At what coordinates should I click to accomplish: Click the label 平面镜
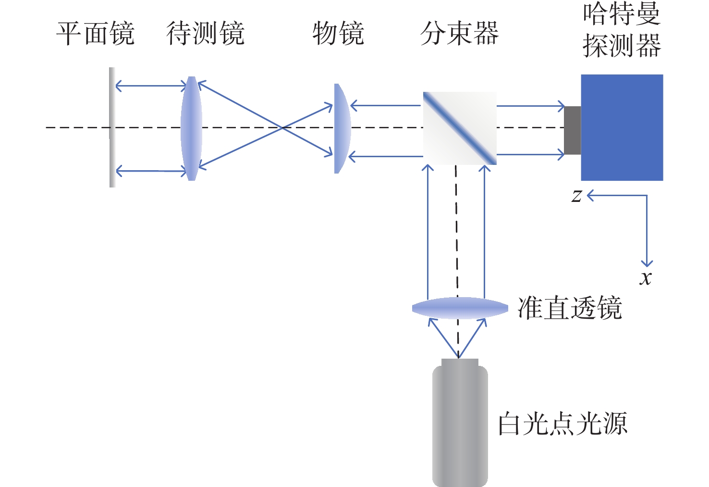(95, 34)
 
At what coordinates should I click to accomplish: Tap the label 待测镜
(206, 34)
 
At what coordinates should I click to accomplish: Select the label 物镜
(338, 34)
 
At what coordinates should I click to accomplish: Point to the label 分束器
(459, 34)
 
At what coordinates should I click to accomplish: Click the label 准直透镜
(570, 308)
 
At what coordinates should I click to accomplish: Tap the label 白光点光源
(562, 424)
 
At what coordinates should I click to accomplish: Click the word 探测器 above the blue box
(622, 46)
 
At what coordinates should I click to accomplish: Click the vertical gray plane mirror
(112, 127)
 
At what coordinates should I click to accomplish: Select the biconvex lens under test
(191, 128)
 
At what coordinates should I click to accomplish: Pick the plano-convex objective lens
(342, 128)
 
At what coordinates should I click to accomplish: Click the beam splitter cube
(460, 128)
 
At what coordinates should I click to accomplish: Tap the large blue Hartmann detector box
(622, 127)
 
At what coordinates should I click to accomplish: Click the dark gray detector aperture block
(572, 130)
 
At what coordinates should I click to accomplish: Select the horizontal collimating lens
(460, 308)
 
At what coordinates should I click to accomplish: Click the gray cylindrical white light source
(460, 425)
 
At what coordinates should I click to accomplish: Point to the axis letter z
(576, 196)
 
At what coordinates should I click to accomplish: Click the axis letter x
(646, 277)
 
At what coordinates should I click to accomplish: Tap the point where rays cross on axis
(282, 127)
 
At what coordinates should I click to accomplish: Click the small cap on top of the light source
(460, 362)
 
